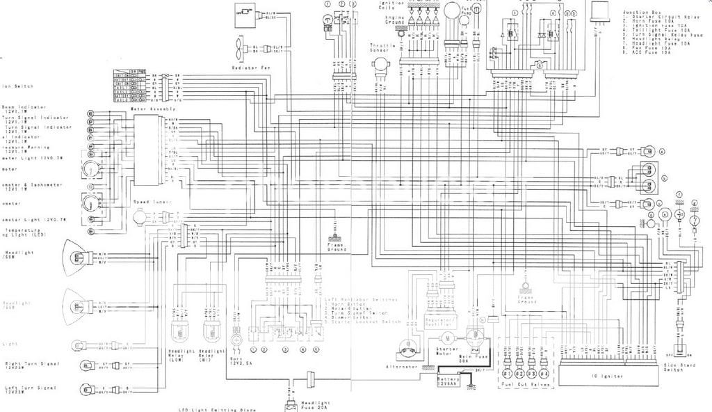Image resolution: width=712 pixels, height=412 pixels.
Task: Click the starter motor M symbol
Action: [448, 337]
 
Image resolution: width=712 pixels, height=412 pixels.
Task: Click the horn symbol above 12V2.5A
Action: [237, 339]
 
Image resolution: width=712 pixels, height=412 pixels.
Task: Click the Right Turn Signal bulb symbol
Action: [89, 364]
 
